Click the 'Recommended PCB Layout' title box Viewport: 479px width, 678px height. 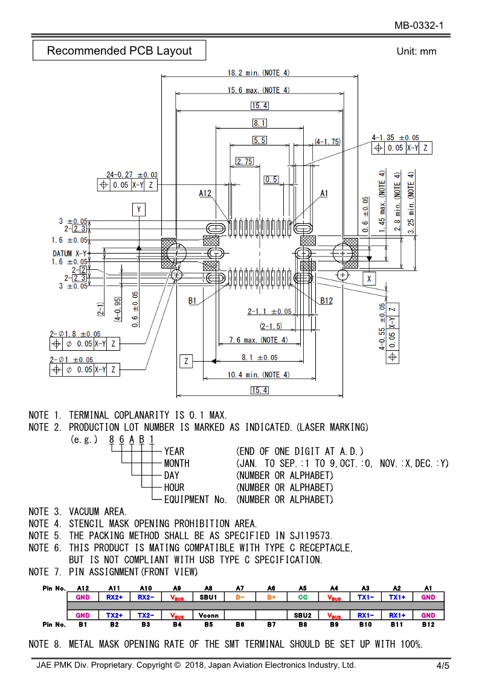[x=119, y=51]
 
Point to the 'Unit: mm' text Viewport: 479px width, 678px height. [x=416, y=51]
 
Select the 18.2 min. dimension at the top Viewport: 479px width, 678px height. [x=258, y=72]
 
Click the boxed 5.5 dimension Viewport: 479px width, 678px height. [x=260, y=140]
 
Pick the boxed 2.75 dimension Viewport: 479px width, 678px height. [x=245, y=161]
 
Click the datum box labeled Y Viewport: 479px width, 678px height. [x=139, y=209]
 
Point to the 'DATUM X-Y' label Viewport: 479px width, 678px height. [x=69, y=254]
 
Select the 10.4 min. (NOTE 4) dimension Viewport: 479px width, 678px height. [x=258, y=374]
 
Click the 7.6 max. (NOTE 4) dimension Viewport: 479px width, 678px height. [x=258, y=340]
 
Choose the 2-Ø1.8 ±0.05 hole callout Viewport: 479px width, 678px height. [x=75, y=334]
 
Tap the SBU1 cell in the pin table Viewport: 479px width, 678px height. [x=208, y=597]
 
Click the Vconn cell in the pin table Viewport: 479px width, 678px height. [x=208, y=615]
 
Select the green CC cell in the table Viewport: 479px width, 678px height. [x=303, y=597]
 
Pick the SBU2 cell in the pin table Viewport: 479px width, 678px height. [x=303, y=615]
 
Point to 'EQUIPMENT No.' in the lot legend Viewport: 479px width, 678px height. [x=195, y=499]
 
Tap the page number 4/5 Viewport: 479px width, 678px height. [x=443, y=666]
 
